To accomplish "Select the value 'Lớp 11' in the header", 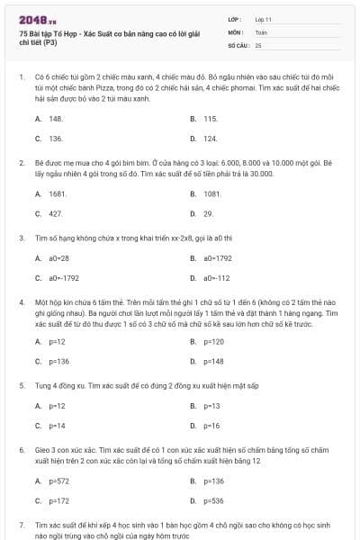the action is point(264,18).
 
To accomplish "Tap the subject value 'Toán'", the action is point(261,31).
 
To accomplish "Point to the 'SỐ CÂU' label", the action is point(237,44).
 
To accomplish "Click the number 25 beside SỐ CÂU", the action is point(258,44).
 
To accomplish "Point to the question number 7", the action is point(21,523).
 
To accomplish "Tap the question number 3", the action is point(21,238).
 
